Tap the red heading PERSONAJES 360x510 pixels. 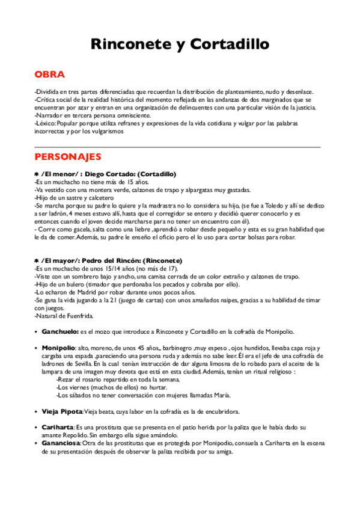(x=68, y=157)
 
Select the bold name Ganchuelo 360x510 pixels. (x=60, y=331)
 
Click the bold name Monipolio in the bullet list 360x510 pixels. (x=58, y=348)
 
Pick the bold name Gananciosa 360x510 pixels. (x=63, y=443)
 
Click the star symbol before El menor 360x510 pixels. (x=37, y=174)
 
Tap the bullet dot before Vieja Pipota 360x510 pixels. (x=37, y=411)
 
